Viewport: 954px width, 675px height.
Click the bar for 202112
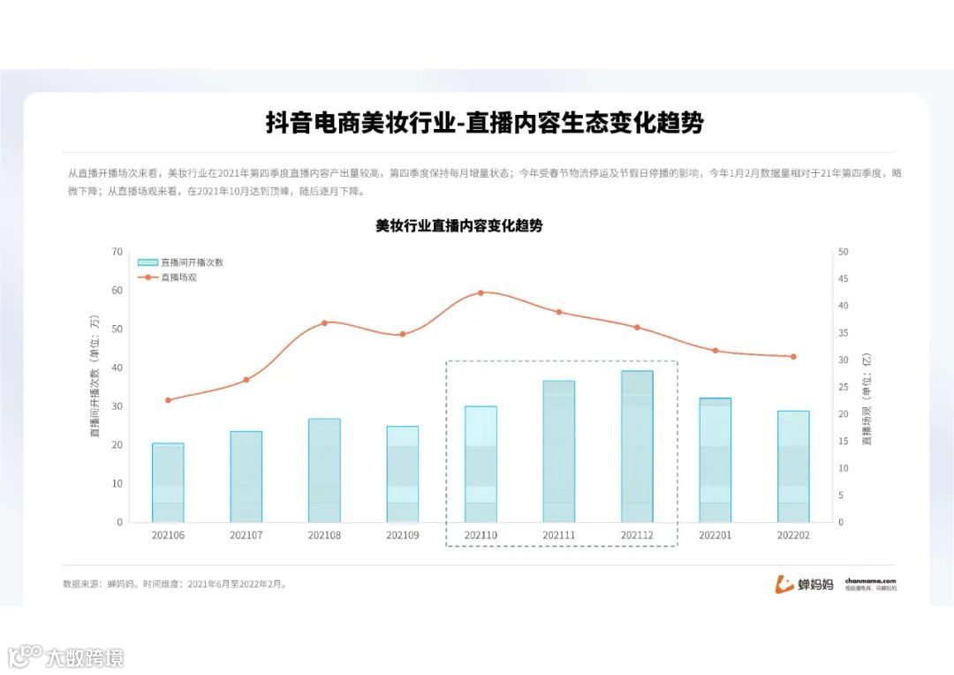(x=637, y=446)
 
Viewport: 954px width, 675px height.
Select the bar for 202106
(x=168, y=482)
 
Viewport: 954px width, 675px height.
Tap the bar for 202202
(x=793, y=466)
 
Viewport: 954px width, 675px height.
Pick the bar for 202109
(x=403, y=474)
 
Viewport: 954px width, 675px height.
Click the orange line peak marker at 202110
(x=481, y=292)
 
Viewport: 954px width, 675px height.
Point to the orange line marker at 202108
(x=324, y=322)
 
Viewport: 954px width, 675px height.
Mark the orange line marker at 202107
(x=246, y=380)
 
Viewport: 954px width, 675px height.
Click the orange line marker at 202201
(x=715, y=351)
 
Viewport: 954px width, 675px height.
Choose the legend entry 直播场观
(x=178, y=277)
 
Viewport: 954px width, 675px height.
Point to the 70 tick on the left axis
(x=117, y=252)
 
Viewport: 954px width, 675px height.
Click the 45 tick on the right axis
(x=843, y=279)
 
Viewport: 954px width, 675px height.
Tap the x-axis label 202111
(x=558, y=535)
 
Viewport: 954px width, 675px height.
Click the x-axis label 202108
(x=324, y=535)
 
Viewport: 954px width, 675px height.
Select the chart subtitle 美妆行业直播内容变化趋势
(x=459, y=226)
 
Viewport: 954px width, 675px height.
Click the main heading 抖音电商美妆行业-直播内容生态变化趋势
(x=485, y=123)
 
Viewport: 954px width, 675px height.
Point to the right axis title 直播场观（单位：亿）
(x=867, y=398)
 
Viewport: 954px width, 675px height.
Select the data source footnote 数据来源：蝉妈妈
(x=97, y=584)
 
